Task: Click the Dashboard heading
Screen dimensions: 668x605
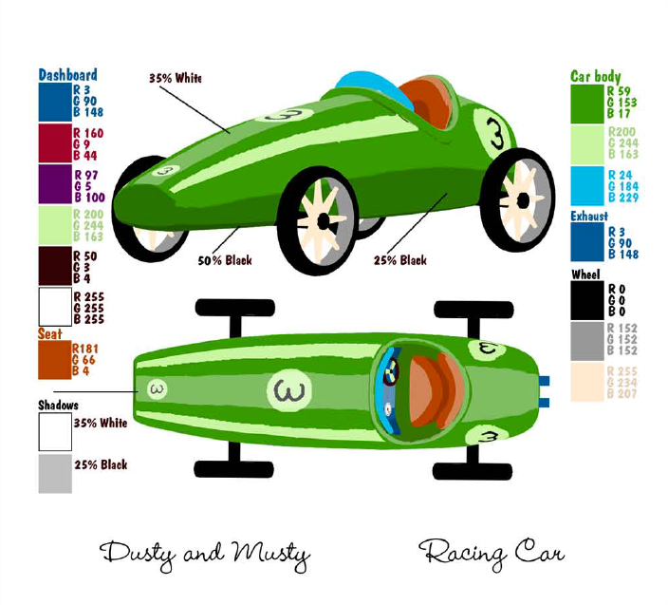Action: [x=67, y=74]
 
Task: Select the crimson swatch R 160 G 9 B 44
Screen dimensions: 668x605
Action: [x=54, y=142]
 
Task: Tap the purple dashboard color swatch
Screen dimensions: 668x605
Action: [x=54, y=183]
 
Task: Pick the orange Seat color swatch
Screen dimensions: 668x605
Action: [x=54, y=360]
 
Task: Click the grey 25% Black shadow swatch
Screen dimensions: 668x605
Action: [x=54, y=473]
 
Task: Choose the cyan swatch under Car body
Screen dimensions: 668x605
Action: [x=587, y=185]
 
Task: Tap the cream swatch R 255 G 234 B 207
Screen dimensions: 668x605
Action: [x=587, y=382]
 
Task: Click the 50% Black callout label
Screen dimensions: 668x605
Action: [x=224, y=260]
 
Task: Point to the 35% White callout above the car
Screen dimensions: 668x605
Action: [x=176, y=78]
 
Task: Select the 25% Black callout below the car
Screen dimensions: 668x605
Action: [x=399, y=260]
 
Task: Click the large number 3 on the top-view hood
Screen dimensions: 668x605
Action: [x=284, y=388]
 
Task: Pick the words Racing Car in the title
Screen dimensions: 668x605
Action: [x=492, y=552]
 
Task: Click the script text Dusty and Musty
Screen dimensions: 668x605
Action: [x=206, y=552]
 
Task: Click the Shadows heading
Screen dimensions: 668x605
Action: [x=59, y=405]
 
